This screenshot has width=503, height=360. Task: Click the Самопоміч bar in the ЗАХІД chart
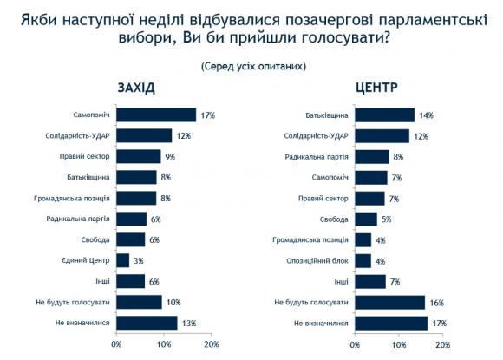tap(156, 115)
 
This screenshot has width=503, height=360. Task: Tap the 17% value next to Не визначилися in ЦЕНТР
tap(438, 323)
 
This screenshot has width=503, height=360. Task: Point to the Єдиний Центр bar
tap(122, 260)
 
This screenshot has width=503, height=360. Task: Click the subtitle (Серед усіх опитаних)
tap(252, 65)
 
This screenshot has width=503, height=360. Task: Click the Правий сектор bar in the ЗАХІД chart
tap(138, 156)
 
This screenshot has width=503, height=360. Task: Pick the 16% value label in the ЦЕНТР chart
tap(435, 302)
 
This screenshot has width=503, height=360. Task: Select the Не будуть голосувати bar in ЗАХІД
tap(139, 302)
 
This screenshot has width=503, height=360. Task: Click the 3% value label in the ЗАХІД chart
tap(138, 260)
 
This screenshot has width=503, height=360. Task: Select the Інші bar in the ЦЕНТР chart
tap(370, 281)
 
